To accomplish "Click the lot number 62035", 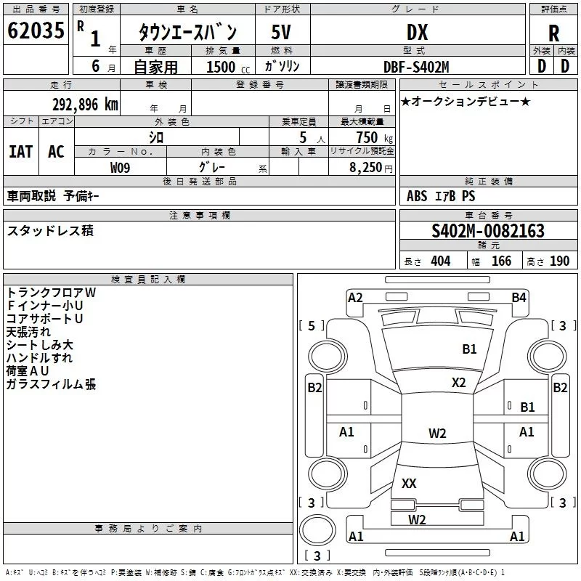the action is [x=36, y=31].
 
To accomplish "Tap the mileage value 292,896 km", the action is [x=85, y=105].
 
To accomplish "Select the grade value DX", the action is [x=417, y=32].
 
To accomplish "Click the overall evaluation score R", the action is [x=553, y=33].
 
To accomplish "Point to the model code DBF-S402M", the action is [x=416, y=67].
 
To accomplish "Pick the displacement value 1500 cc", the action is [x=228, y=67].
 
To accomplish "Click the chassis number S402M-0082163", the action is [x=488, y=230].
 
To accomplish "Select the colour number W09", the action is [x=120, y=168].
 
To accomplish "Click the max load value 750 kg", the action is [x=374, y=137].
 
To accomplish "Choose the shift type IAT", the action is [x=21, y=152].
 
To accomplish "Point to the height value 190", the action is [x=559, y=261].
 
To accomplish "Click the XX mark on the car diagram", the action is [x=409, y=483].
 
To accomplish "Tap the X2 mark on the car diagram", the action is [x=458, y=383].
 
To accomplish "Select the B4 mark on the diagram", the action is [x=519, y=298].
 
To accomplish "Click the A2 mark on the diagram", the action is [x=355, y=298].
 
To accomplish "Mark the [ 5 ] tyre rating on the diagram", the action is [x=312, y=325].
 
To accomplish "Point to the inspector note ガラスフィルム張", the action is [x=51, y=384].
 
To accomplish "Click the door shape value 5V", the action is [x=281, y=32].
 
